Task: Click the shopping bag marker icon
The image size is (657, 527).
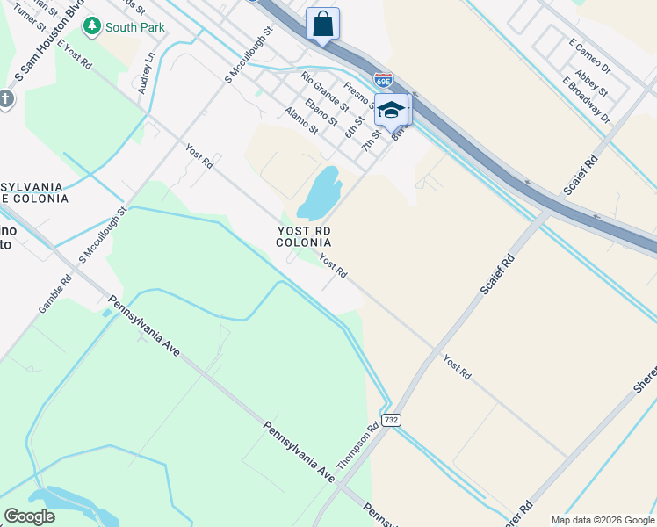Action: tap(322, 24)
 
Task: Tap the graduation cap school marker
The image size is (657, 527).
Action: tap(392, 111)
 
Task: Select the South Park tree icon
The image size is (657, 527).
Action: tap(91, 26)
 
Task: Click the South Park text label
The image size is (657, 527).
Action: tap(134, 27)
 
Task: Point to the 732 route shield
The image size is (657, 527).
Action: tap(391, 420)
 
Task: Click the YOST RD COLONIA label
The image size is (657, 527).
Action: tap(304, 235)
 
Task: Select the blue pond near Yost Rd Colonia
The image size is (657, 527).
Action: tap(321, 193)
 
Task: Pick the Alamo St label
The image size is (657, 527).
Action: tap(301, 120)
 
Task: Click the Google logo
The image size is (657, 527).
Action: tap(30, 516)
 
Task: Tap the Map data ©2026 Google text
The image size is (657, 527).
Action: tap(603, 520)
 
